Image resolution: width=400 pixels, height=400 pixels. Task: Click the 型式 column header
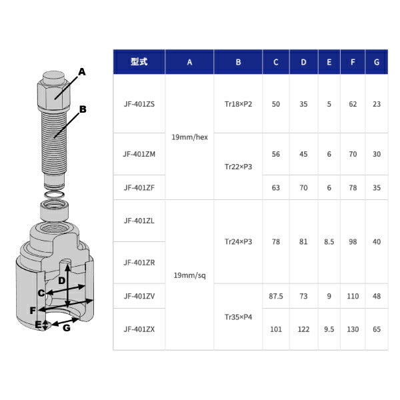(x=139, y=62)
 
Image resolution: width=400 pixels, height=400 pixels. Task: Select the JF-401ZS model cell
(x=139, y=104)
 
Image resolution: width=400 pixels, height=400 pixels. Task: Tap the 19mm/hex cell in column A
(x=189, y=137)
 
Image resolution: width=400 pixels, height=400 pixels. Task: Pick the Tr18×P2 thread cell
(x=238, y=104)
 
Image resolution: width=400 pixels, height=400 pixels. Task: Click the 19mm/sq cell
(x=189, y=275)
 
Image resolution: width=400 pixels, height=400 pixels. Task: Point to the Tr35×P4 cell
(x=238, y=317)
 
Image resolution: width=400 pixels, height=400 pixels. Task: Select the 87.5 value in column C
(x=276, y=296)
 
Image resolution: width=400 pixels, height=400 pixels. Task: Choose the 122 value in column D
(x=303, y=329)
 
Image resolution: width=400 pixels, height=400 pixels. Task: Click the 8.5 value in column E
(x=329, y=242)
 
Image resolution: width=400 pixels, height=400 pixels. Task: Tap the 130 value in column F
(x=353, y=329)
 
